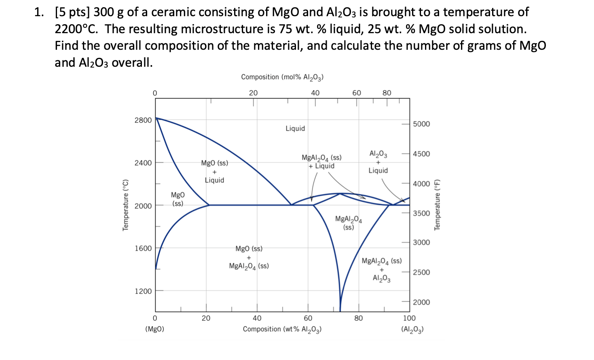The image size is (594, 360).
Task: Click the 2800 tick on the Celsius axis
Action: [143, 120]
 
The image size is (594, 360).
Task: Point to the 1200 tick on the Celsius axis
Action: [143, 291]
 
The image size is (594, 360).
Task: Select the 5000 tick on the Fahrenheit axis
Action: [421, 124]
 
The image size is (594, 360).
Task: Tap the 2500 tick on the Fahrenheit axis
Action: [421, 272]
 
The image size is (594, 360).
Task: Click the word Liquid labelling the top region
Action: [295, 129]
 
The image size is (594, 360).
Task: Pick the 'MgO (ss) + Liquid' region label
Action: [214, 172]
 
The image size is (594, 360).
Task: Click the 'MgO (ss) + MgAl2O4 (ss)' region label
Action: [249, 257]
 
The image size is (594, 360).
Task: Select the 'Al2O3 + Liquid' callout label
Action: [378, 162]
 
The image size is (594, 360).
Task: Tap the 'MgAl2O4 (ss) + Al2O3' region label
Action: [381, 269]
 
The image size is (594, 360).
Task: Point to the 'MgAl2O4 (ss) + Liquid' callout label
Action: [321, 162]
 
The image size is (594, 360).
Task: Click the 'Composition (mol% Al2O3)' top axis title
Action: [282, 77]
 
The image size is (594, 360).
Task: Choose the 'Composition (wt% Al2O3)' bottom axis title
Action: [282, 329]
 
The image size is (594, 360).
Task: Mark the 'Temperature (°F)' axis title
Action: [437, 205]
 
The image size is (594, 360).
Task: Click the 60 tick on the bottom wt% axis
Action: [308, 318]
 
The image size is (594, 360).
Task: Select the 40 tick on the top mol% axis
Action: [315, 93]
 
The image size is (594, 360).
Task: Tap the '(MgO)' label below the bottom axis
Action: [154, 329]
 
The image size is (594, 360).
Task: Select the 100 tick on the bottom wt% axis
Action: [409, 318]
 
